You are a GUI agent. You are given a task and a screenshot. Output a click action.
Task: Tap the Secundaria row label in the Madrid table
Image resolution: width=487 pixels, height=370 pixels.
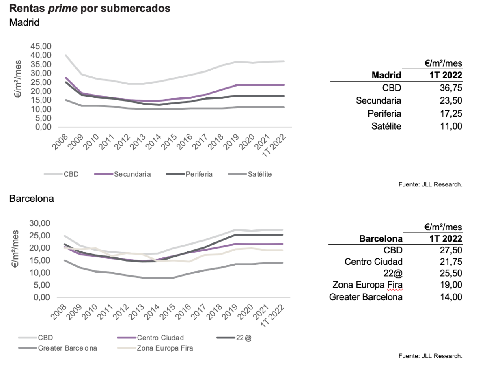378,100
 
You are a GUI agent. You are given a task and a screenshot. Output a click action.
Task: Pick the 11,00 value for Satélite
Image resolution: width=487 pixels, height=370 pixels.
451,126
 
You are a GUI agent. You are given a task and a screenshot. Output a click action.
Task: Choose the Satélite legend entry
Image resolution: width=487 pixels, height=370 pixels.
259,174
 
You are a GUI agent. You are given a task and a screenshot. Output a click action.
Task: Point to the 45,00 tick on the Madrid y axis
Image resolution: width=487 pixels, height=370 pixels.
41,46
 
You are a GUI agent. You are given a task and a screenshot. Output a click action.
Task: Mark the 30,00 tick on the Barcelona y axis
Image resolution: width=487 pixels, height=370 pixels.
41,223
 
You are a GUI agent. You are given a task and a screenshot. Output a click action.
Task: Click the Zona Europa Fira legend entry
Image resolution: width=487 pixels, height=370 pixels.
165,348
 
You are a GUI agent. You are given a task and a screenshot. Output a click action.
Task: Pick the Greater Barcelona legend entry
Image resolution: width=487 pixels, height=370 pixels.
67,348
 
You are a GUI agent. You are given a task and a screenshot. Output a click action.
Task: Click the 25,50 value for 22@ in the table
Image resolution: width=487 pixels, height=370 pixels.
451,273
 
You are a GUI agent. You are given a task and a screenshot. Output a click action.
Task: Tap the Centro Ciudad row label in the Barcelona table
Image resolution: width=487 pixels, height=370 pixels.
373,261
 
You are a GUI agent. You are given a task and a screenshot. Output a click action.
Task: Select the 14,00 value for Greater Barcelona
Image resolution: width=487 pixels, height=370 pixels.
451,297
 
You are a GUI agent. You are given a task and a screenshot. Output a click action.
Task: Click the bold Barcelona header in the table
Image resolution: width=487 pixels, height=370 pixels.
381,238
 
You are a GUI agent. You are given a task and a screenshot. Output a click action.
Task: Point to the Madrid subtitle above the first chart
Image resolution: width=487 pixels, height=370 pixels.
24,22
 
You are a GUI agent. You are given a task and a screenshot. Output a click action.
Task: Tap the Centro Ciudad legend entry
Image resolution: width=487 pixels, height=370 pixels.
160,338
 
